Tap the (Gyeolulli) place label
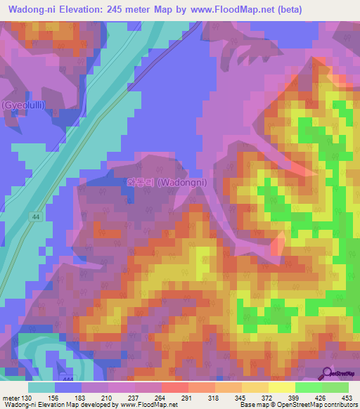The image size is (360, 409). click(x=24, y=105)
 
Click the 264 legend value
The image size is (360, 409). click(x=161, y=397)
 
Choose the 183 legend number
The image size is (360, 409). click(x=81, y=397)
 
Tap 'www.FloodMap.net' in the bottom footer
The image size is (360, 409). click(x=148, y=405)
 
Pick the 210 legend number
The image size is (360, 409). click(x=108, y=397)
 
